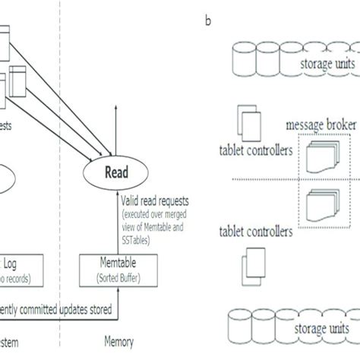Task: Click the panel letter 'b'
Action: [207, 22]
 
